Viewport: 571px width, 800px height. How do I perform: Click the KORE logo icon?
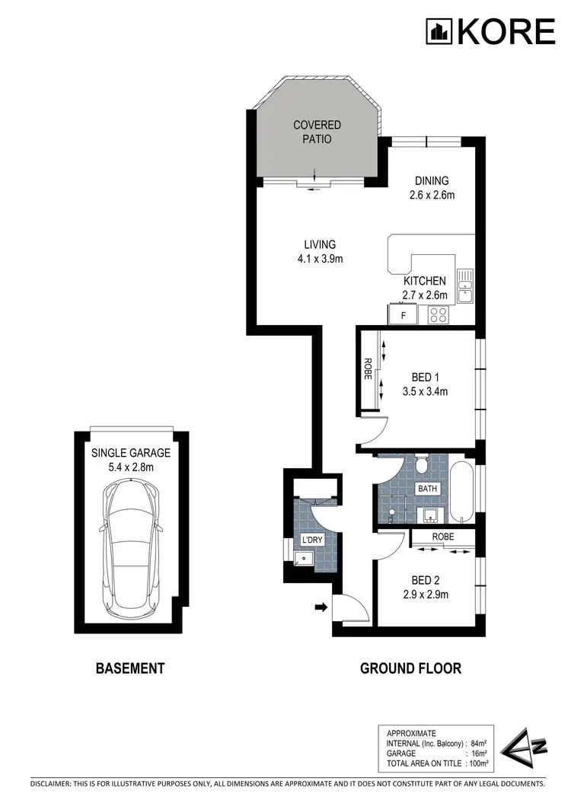pyautogui.click(x=439, y=31)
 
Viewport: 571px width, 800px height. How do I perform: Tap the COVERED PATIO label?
pyautogui.click(x=317, y=132)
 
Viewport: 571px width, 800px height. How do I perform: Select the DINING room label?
pyautogui.click(x=432, y=181)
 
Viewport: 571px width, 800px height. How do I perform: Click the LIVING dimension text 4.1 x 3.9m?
pyautogui.click(x=319, y=259)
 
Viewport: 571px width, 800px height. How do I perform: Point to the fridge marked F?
pyautogui.click(x=404, y=313)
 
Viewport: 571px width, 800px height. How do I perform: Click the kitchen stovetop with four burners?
pyautogui.click(x=439, y=314)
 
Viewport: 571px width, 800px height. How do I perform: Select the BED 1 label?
pyautogui.click(x=424, y=378)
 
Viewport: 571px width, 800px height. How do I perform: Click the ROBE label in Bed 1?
pyautogui.click(x=367, y=371)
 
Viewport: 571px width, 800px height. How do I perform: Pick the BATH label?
pyautogui.click(x=426, y=488)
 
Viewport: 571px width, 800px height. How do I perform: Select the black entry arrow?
pyautogui.click(x=321, y=607)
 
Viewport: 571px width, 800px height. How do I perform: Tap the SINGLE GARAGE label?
pyautogui.click(x=131, y=452)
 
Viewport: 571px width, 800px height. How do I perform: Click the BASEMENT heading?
pyautogui.click(x=129, y=669)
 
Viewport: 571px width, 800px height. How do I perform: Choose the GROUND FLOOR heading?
pyautogui.click(x=410, y=669)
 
